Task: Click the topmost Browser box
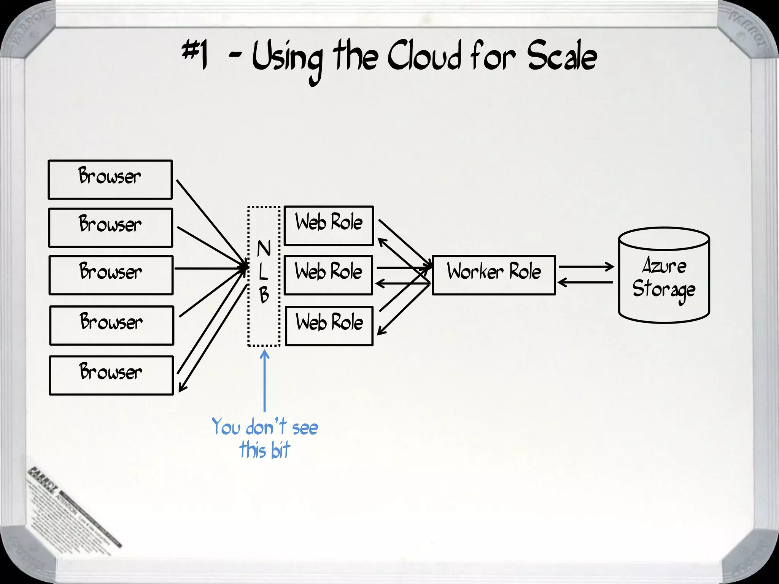click(x=110, y=179)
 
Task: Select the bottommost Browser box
click(x=111, y=375)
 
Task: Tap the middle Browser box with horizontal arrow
click(x=111, y=275)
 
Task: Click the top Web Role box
click(x=329, y=225)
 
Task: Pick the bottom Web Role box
click(x=329, y=326)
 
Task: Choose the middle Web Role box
click(x=328, y=275)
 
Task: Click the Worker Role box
click(x=494, y=275)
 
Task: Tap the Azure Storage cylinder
click(x=664, y=276)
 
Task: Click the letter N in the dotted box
click(x=264, y=249)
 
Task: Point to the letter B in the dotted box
click(x=264, y=295)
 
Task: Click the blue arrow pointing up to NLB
click(x=265, y=380)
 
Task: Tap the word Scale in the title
click(x=562, y=57)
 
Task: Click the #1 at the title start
click(x=195, y=55)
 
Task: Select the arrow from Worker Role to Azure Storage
click(x=586, y=267)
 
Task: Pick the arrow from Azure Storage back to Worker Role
click(x=586, y=282)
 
